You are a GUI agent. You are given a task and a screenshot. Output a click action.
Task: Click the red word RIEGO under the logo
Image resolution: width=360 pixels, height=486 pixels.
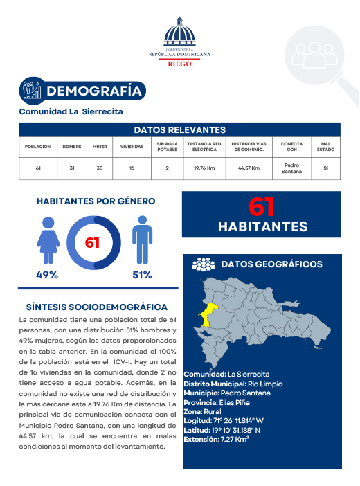(180, 63)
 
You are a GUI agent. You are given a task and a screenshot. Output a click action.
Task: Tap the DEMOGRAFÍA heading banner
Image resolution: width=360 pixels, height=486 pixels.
(94, 91)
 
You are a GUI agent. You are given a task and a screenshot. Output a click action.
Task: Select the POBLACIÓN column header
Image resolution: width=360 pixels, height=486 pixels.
(38, 147)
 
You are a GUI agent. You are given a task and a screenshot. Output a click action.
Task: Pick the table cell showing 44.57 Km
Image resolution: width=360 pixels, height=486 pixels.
(249, 168)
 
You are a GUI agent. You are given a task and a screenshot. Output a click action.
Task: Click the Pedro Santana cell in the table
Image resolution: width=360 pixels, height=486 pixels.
(292, 168)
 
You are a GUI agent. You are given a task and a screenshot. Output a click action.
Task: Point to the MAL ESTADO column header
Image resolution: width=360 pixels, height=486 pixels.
(325, 147)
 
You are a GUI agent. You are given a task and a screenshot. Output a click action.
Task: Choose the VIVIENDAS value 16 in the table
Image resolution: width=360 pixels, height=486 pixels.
(132, 168)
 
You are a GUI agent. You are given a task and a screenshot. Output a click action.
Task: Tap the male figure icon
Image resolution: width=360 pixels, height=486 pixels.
(142, 240)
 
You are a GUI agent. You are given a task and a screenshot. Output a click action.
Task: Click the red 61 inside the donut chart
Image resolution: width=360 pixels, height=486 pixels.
(93, 243)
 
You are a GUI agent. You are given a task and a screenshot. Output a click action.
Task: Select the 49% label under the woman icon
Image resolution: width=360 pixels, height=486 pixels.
(47, 275)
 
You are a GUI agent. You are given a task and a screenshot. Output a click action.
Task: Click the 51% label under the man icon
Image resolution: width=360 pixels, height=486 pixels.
(142, 275)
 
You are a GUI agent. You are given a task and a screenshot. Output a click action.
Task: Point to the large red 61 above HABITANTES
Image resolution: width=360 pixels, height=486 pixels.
(261, 207)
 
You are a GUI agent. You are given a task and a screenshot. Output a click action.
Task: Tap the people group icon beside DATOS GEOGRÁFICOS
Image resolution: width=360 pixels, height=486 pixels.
(203, 264)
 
